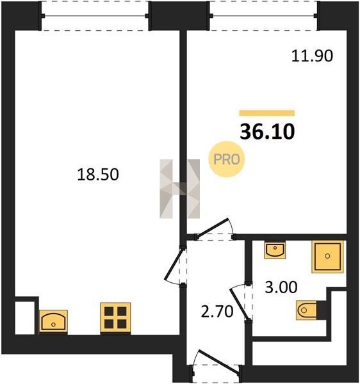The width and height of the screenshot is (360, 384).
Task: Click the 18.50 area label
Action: pos(98,175)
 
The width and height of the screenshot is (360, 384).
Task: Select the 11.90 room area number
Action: pos(312,56)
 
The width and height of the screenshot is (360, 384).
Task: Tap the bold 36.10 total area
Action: pos(267,132)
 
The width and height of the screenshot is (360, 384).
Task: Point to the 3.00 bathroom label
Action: pos(281,287)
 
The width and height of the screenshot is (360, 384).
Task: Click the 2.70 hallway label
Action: pos(217,312)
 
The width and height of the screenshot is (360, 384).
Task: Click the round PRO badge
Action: pos(226,159)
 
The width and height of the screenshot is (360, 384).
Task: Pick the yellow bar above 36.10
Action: pos(267,113)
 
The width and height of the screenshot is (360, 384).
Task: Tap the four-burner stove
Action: pos(115,318)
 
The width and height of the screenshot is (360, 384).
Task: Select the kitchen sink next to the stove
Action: pos(53,321)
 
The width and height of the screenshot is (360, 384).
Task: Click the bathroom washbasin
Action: pos(275,250)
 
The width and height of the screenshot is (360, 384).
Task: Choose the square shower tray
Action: pos(327,257)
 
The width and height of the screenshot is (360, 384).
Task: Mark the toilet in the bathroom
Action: pos(306,310)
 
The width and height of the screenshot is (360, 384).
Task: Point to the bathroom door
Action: pos(241,303)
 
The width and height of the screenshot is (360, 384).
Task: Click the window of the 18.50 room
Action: pos(95,16)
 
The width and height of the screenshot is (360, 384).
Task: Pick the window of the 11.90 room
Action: pos(263,16)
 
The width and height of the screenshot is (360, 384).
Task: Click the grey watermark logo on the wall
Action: pos(179,189)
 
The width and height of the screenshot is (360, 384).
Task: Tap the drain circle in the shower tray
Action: pos(327,256)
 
